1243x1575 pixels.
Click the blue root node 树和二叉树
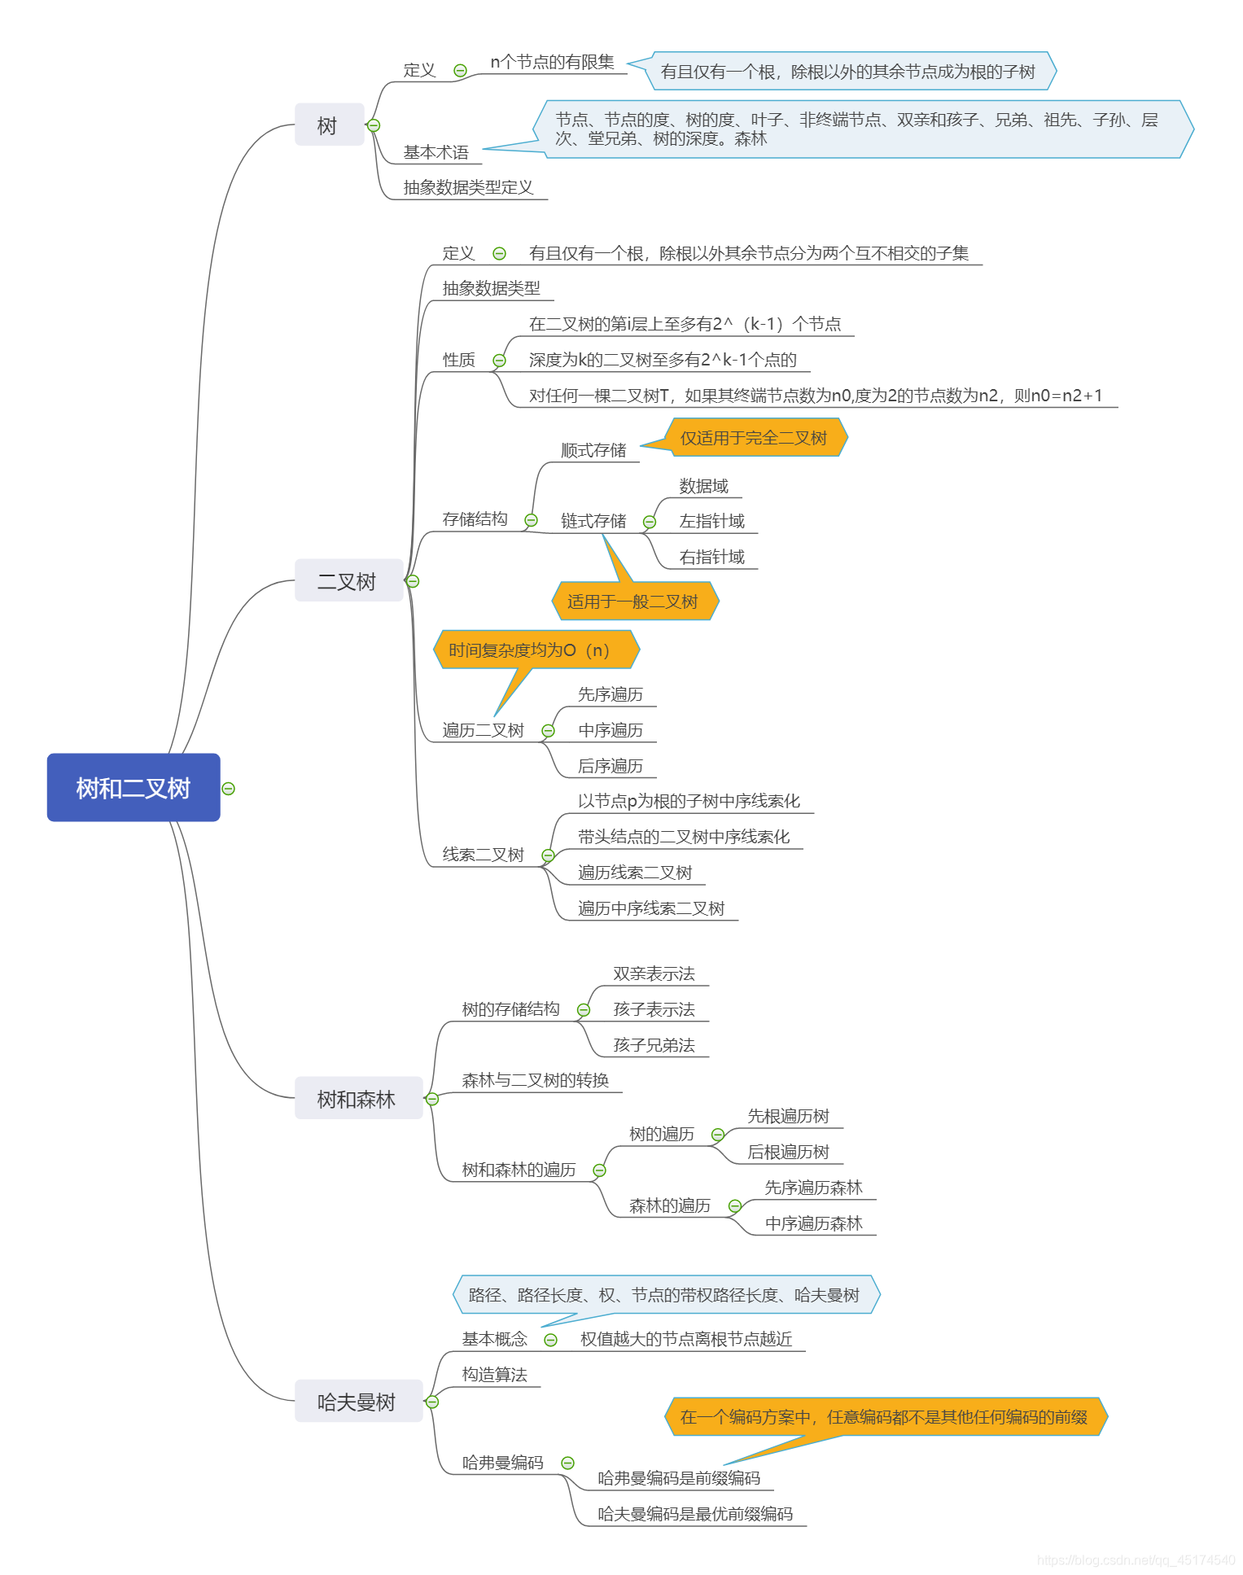click(x=133, y=787)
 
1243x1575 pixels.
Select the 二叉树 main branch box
click(x=348, y=581)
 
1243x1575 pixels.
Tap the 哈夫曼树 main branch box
click(x=357, y=1402)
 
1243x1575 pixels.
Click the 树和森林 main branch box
click(x=357, y=1099)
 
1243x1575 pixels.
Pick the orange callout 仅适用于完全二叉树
click(x=755, y=438)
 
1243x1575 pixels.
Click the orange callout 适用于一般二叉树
click(x=633, y=602)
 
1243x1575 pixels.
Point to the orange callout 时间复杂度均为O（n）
click(x=530, y=650)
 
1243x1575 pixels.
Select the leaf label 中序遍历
click(x=611, y=730)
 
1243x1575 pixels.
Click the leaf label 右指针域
click(x=712, y=557)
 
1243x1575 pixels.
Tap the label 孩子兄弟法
click(x=654, y=1045)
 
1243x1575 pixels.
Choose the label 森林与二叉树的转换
click(x=535, y=1080)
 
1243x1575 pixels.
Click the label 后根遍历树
click(x=788, y=1152)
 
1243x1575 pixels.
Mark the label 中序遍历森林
click(x=813, y=1223)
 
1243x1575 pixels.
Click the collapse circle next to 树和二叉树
click(x=229, y=789)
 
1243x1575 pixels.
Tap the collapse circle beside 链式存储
click(x=650, y=522)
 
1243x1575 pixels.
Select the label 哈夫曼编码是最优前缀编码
click(x=694, y=1514)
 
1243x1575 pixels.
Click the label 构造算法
click(x=494, y=1375)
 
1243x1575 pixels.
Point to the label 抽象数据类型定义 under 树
click(x=468, y=187)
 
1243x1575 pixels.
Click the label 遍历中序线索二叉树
click(x=651, y=908)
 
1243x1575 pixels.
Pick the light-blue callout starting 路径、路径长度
click(x=664, y=1294)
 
